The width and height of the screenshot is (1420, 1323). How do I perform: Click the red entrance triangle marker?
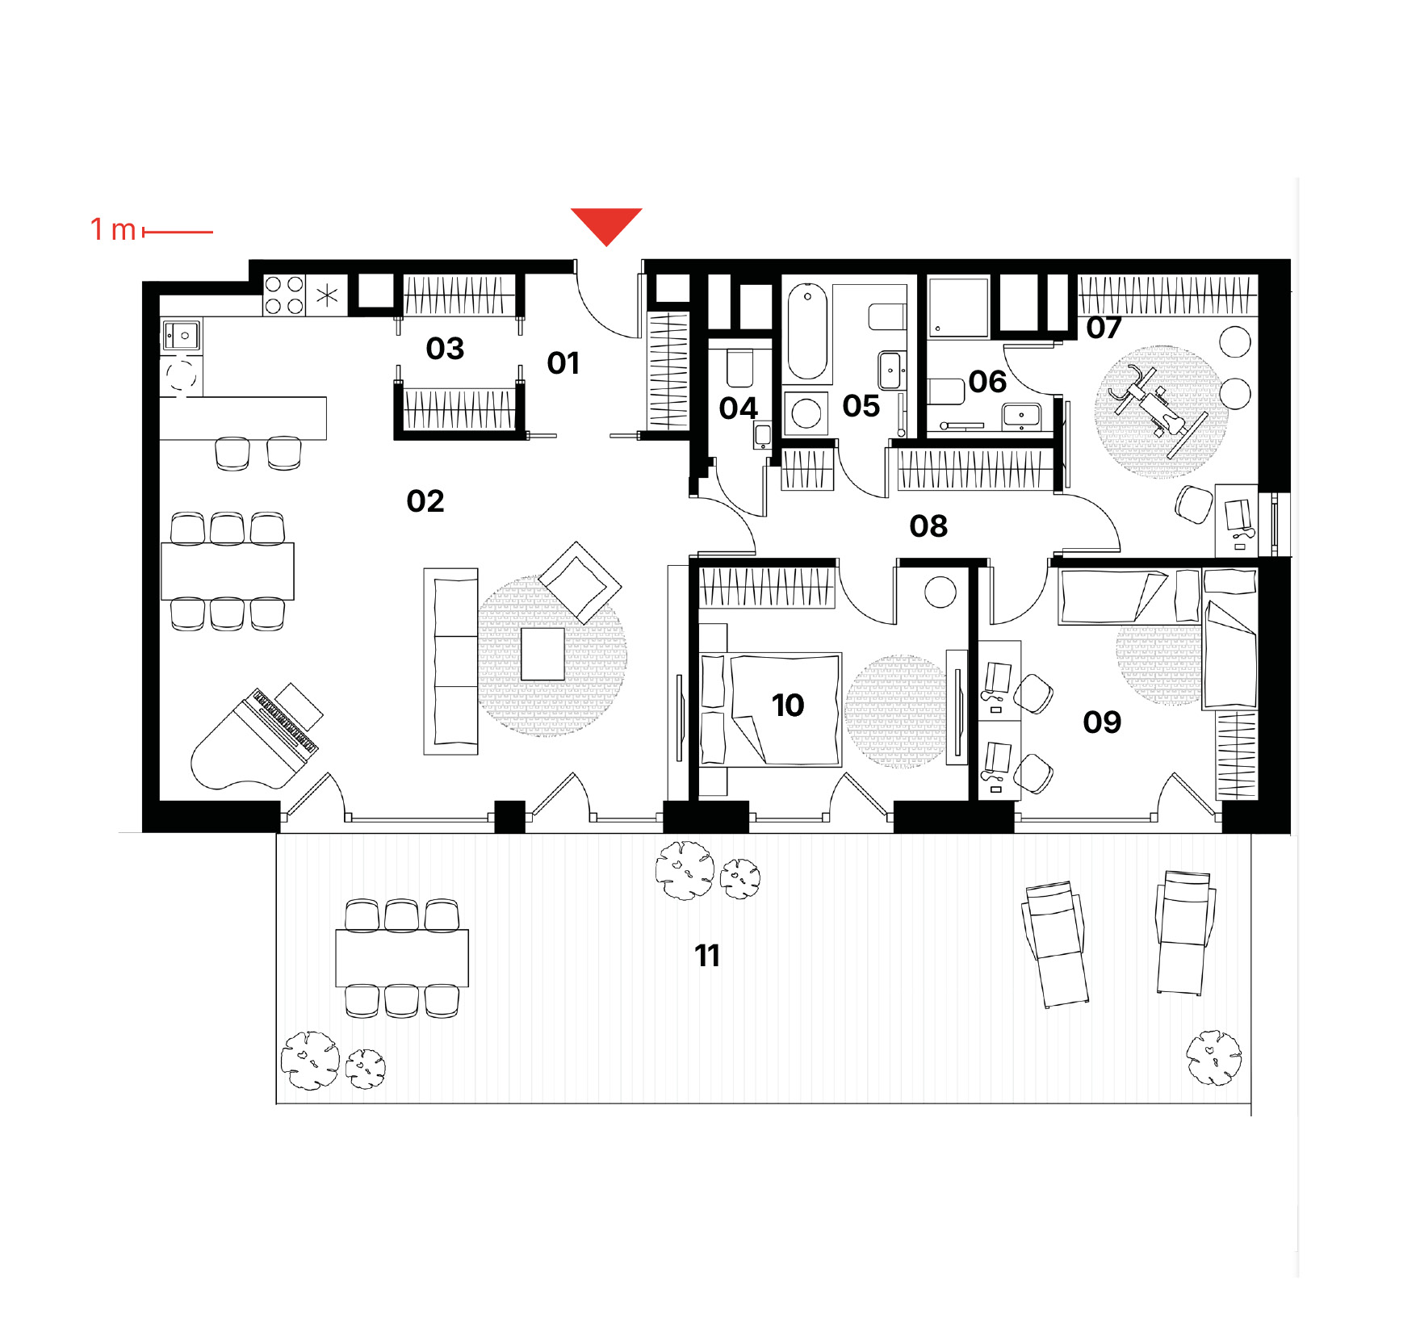coord(606,224)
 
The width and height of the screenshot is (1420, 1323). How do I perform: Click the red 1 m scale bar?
coord(178,232)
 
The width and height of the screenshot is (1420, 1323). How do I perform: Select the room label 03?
coord(445,349)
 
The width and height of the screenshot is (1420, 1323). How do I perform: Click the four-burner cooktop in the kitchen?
coord(284,295)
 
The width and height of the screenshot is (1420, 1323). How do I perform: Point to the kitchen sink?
coord(181,335)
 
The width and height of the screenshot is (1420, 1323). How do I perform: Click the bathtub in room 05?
coord(807,331)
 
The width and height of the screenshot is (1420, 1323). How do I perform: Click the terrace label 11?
coord(707,956)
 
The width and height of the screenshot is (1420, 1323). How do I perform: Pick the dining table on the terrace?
coord(402,958)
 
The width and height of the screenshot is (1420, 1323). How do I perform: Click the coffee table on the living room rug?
coord(542,654)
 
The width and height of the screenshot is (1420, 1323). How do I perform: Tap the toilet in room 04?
coord(740,367)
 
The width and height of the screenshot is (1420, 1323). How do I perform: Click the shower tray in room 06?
coord(958,308)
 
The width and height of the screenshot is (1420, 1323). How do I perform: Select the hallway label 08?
coord(928,526)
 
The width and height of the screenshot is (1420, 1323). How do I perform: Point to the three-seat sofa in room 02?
coord(451,662)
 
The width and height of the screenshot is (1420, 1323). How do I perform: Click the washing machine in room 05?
coord(806,414)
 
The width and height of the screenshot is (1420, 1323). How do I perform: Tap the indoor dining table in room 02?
coord(228,571)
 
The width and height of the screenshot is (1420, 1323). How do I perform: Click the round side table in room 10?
coord(940,592)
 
